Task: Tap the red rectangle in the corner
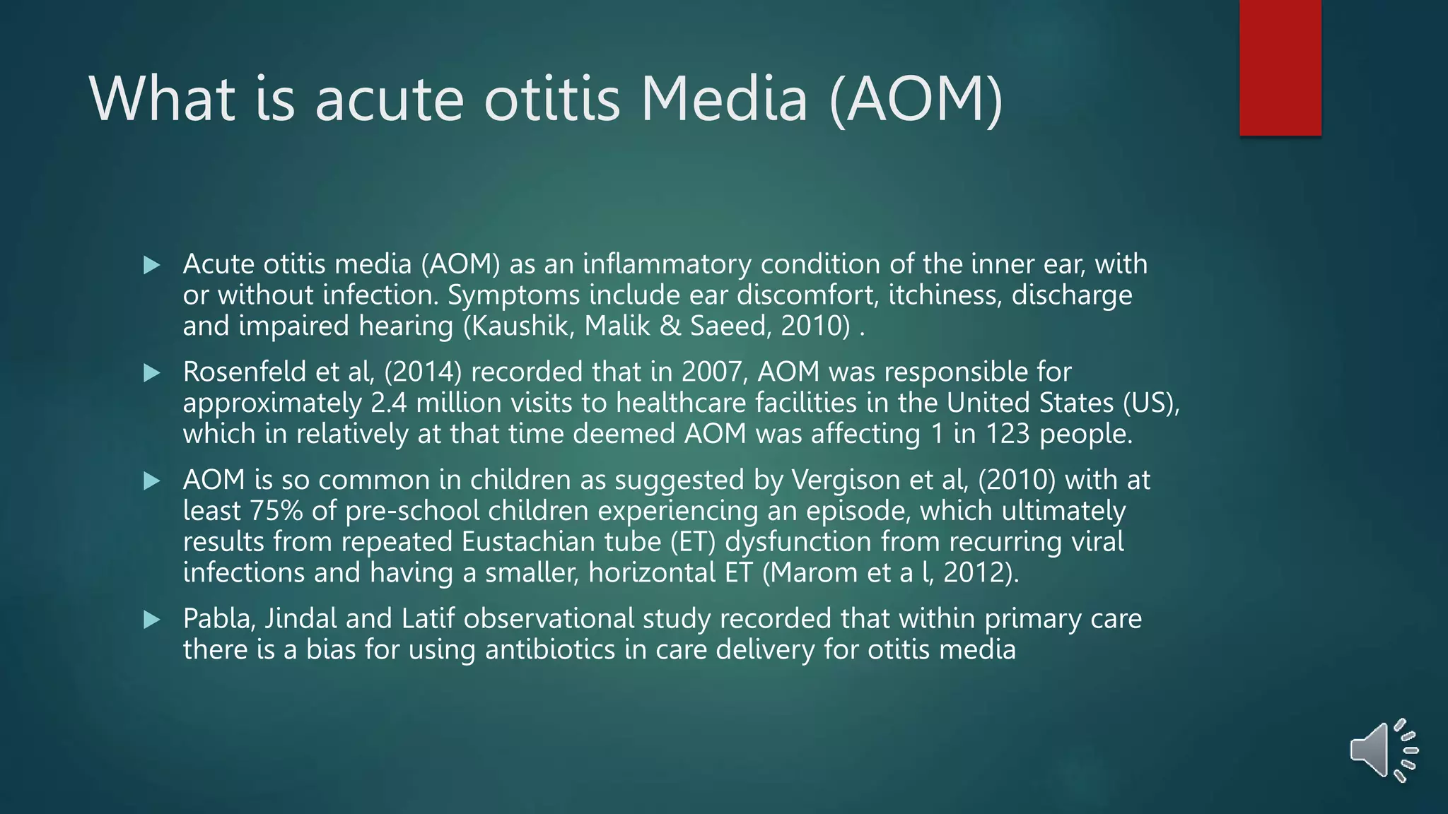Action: [1280, 67]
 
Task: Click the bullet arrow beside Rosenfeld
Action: [151, 373]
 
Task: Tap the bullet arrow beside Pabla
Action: [151, 620]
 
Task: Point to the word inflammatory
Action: [667, 264]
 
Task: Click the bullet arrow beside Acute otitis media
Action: [151, 266]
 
